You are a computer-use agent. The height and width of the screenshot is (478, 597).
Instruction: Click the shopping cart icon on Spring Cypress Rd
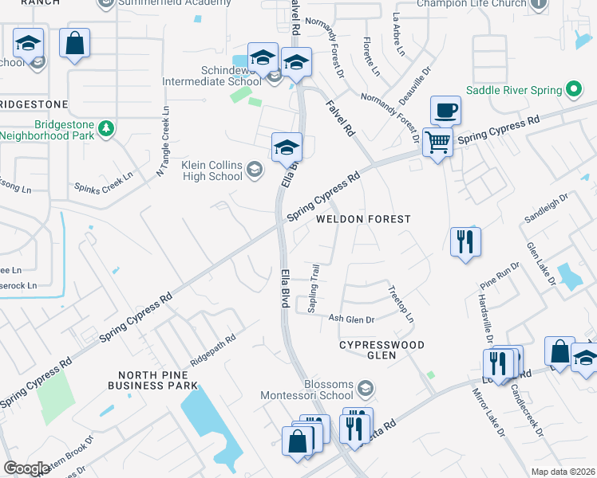[x=437, y=143]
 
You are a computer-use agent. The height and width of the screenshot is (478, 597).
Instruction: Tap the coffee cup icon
[x=445, y=110]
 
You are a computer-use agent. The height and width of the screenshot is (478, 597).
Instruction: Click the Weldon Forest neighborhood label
[x=363, y=218]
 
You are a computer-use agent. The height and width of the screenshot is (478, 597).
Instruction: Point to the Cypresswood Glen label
[x=382, y=350]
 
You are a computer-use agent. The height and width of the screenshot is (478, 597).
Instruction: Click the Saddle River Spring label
[x=515, y=89]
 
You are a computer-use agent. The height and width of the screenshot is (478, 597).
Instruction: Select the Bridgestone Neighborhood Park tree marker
[x=105, y=127]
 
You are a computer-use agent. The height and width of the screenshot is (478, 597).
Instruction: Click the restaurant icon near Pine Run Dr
[x=465, y=241]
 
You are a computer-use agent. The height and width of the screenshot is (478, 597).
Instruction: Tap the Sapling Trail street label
[x=314, y=289]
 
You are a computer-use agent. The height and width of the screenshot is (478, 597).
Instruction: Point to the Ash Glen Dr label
[x=351, y=319]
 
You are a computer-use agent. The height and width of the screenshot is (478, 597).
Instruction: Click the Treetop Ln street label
[x=401, y=304]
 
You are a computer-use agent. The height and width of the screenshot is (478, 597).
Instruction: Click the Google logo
[x=26, y=468]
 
